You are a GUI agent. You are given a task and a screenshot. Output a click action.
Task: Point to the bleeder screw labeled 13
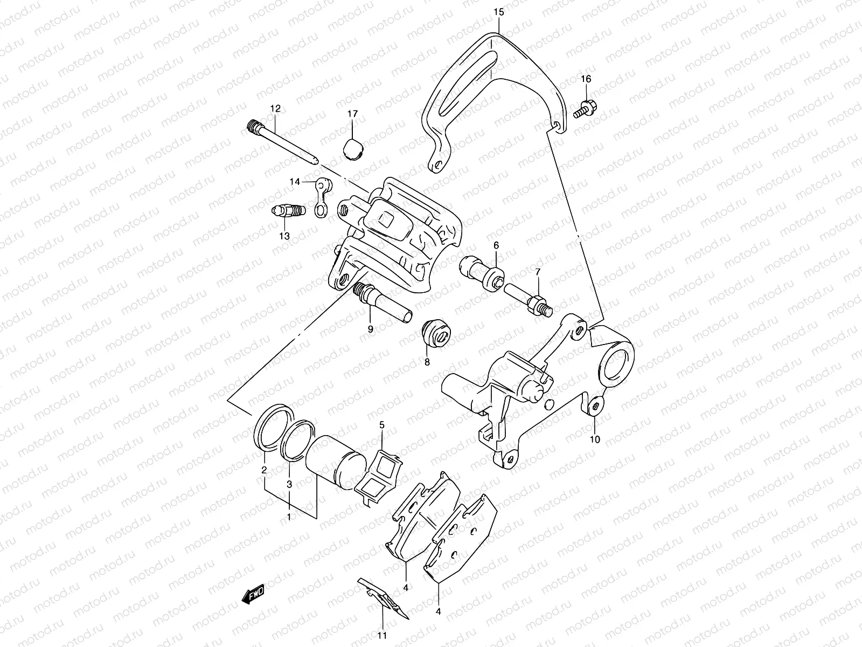pyautogui.click(x=288, y=211)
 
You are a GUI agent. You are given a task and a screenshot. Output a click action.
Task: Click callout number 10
pyautogui.click(x=594, y=439)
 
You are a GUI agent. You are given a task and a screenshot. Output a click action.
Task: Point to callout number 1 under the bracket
pyautogui.click(x=289, y=517)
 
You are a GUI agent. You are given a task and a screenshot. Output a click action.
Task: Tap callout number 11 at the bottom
pyautogui.click(x=382, y=636)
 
